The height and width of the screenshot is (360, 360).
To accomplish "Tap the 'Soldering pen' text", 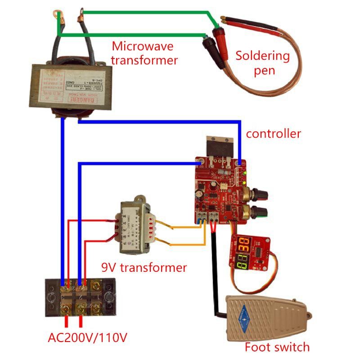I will (x=263, y=63).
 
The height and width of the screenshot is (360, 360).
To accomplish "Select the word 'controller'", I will (x=273, y=134).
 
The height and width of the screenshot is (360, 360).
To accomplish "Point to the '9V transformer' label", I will (x=144, y=268).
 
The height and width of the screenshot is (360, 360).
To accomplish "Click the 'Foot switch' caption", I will (x=277, y=347).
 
